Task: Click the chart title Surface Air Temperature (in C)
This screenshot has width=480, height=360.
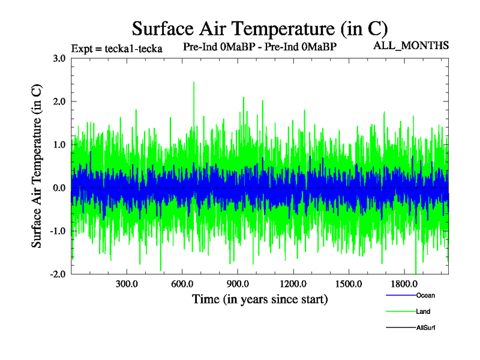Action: pyautogui.click(x=259, y=28)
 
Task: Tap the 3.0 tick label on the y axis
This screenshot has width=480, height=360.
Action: pyautogui.click(x=58, y=58)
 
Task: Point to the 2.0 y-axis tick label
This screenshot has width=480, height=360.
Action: pyautogui.click(x=58, y=101)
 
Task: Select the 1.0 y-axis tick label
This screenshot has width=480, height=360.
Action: pyautogui.click(x=58, y=145)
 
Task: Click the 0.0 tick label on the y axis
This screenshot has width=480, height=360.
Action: pyautogui.click(x=58, y=188)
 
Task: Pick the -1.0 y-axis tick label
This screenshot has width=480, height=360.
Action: pyautogui.click(x=56, y=231)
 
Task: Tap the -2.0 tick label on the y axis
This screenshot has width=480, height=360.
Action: pyautogui.click(x=56, y=274)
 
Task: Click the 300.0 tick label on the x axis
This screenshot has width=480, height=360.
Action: pyautogui.click(x=127, y=283)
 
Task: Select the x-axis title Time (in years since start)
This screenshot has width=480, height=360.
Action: pyautogui.click(x=260, y=298)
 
